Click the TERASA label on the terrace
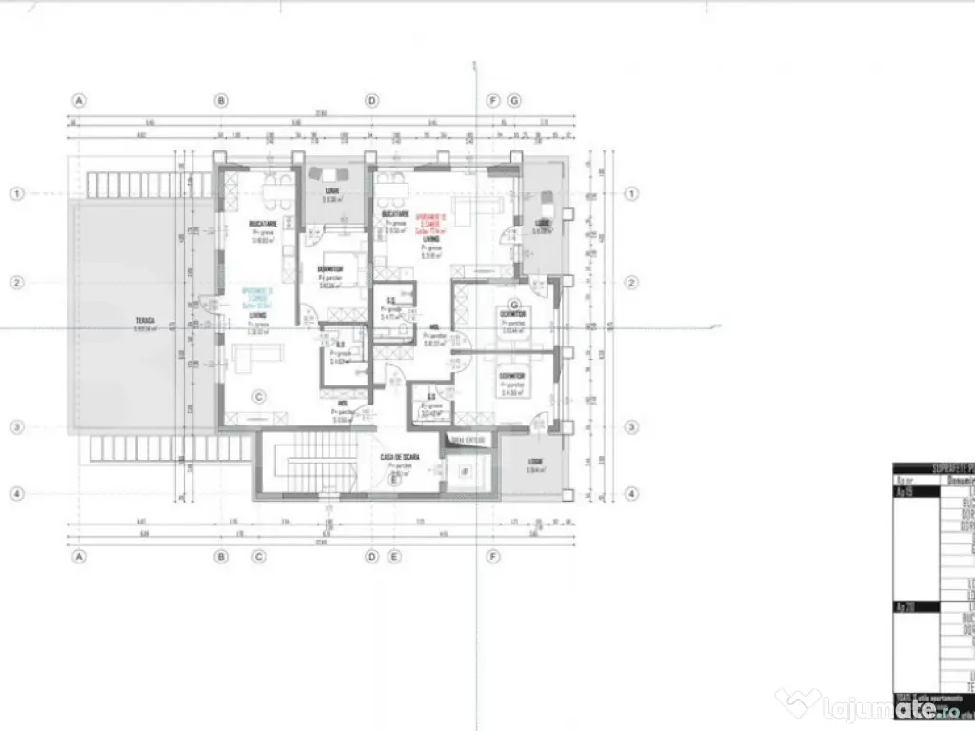coord(145,321)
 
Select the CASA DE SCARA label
coord(401,457)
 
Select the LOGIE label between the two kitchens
coord(331,193)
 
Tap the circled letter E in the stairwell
coord(392,480)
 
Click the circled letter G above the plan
coord(515,100)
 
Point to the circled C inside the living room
coord(256,398)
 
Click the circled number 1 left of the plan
coord(16,193)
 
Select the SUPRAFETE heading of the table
coord(933,468)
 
